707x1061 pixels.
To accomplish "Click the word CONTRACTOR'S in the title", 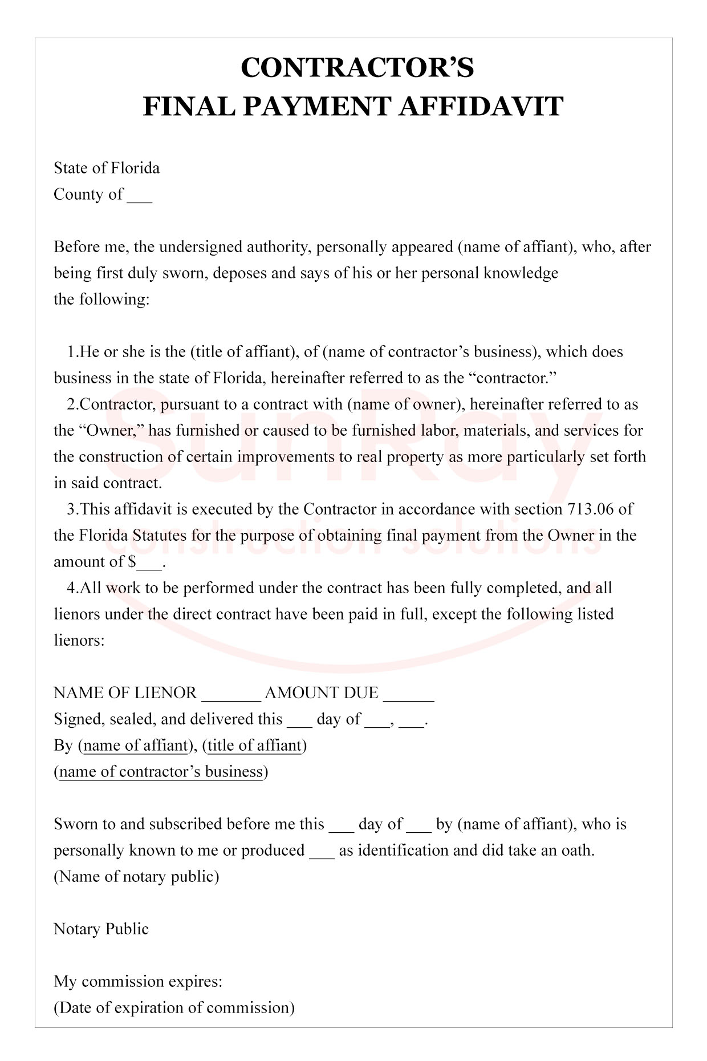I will click(x=357, y=67).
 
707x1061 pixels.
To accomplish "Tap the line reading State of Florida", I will click(x=107, y=168).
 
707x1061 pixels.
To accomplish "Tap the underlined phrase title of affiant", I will click(x=254, y=746).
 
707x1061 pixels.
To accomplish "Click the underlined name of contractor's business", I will click(x=161, y=772).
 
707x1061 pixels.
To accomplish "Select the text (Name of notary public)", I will click(x=136, y=877).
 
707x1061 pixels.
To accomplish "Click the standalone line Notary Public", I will click(x=101, y=929).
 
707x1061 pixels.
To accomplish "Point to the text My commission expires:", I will click(x=138, y=982).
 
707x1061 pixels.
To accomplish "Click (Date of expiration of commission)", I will click(x=174, y=1008).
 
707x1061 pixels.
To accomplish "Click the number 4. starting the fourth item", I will click(x=72, y=588).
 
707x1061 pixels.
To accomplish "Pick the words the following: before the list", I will click(x=101, y=299).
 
